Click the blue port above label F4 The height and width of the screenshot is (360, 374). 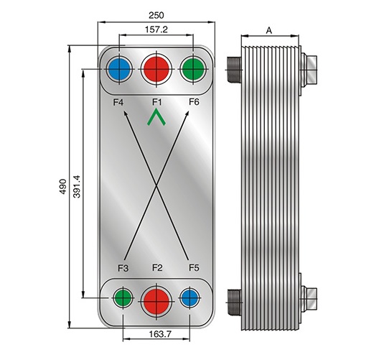119,69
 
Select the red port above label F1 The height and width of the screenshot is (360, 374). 156,69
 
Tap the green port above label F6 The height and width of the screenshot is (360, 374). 193,69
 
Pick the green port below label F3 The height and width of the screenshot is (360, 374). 123,297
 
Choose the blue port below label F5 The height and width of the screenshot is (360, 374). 190,297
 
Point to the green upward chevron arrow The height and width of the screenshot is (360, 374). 156,117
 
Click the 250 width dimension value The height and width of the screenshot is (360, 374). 156,15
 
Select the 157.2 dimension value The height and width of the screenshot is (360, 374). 156,29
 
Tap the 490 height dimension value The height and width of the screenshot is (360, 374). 63,186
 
